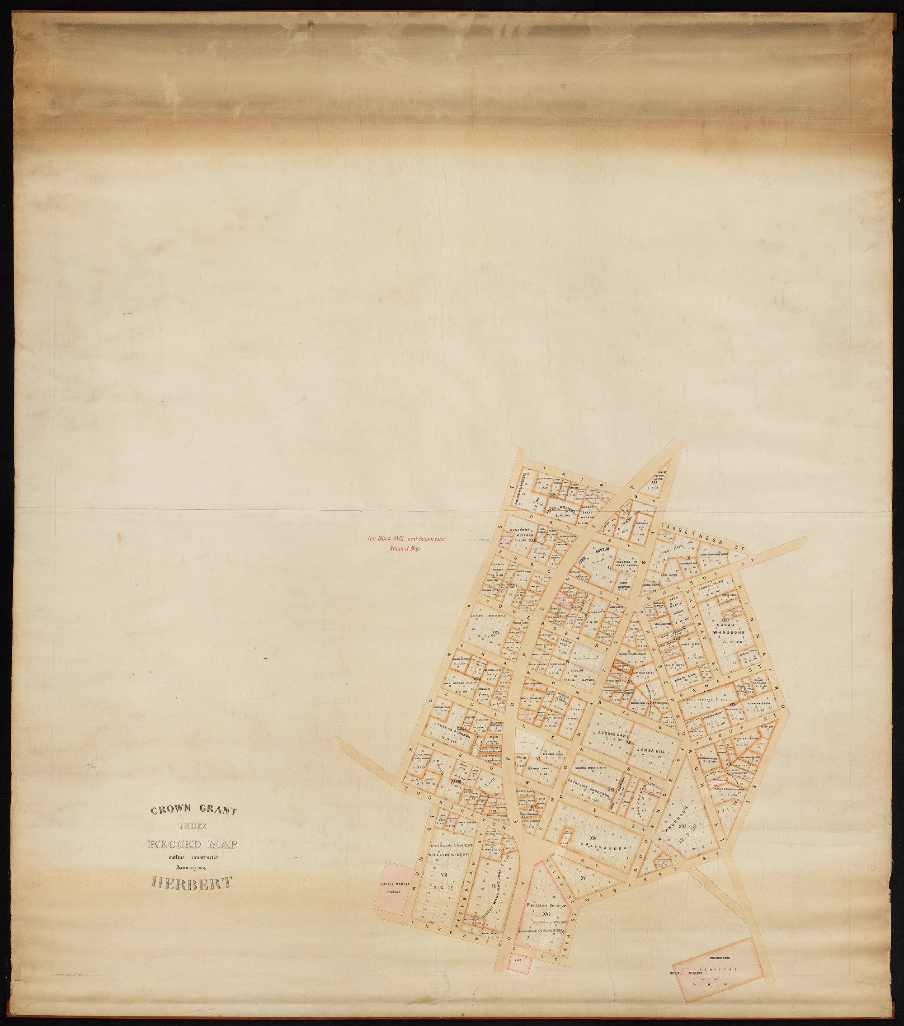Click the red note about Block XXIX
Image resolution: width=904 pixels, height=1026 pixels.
406,544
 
